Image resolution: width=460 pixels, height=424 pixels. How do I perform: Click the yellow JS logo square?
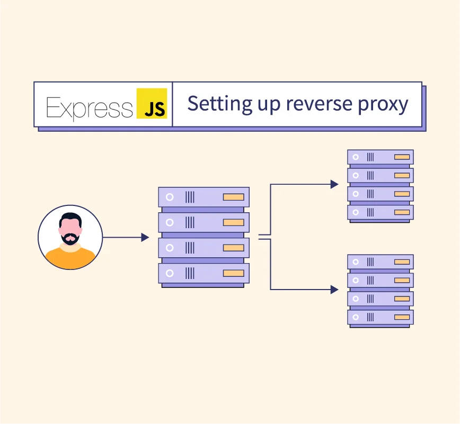pyautogui.click(x=152, y=103)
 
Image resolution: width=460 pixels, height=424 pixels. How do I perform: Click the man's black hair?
pyautogui.click(x=70, y=218)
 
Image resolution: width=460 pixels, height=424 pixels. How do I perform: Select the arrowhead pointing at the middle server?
pyautogui.click(x=145, y=238)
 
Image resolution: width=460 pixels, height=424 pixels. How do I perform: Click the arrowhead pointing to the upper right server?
pyautogui.click(x=334, y=184)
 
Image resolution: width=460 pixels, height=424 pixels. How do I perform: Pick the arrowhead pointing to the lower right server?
pyautogui.click(x=334, y=290)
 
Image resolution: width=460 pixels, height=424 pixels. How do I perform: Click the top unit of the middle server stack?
pyautogui.click(x=204, y=197)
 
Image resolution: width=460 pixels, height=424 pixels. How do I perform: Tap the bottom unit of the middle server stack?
pyautogui.click(x=204, y=273)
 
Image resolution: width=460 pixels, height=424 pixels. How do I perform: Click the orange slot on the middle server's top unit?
pyautogui.click(x=233, y=197)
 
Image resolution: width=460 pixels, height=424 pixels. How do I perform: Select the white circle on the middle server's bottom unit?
pyautogui.click(x=170, y=273)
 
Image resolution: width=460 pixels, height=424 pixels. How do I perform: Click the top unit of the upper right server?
pyautogui.click(x=380, y=157)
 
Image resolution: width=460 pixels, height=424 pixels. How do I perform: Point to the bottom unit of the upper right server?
pyautogui.click(x=380, y=212)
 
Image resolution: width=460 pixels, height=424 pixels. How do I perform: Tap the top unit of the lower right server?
pyautogui.click(x=380, y=261)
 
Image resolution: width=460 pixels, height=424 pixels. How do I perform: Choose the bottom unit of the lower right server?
pyautogui.click(x=380, y=317)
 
